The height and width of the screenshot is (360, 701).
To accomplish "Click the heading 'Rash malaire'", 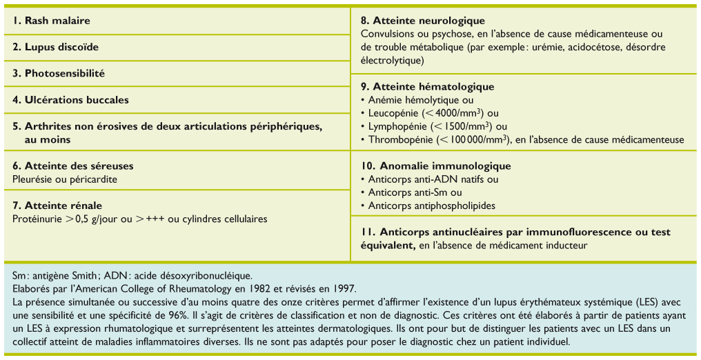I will (57, 21).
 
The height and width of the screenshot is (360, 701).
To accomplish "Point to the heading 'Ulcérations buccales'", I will (77, 99).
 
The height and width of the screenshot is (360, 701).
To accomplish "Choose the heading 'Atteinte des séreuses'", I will (79, 166).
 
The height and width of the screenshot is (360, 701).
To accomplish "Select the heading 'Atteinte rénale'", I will (63, 206).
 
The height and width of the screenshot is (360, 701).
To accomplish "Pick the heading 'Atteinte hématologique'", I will (433, 87).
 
